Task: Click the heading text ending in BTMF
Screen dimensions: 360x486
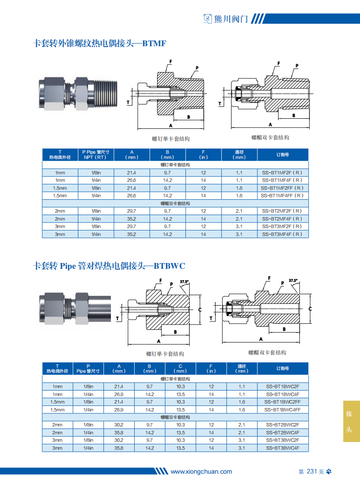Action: tap(99, 43)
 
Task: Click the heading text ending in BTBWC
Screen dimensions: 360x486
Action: tap(109, 266)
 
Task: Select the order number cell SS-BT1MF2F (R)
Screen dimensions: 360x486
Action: tap(283, 173)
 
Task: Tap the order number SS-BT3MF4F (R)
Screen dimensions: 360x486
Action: tap(283, 234)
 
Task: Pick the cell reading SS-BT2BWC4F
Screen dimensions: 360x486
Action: tap(283, 433)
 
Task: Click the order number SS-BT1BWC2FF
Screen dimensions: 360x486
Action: tap(283, 402)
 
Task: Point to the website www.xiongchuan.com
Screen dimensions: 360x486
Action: tap(201, 471)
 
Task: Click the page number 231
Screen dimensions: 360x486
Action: tap(312, 471)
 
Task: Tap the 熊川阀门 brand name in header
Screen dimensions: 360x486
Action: tap(231, 19)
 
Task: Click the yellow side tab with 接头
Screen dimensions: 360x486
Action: tap(351, 421)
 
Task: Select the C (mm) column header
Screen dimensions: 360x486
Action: tap(180, 369)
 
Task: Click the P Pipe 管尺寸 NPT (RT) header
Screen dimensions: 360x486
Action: tap(96, 155)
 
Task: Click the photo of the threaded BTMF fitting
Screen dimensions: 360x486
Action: tap(78, 94)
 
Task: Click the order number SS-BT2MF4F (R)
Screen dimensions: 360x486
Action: tap(283, 219)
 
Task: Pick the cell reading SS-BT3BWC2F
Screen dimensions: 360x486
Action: tap(283, 440)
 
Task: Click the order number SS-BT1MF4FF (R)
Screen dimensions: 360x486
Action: tap(283, 196)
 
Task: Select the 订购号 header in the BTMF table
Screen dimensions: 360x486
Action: tap(283, 155)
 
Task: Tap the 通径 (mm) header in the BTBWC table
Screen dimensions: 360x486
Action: tap(242, 369)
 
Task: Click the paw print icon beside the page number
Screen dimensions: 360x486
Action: tap(329, 471)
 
